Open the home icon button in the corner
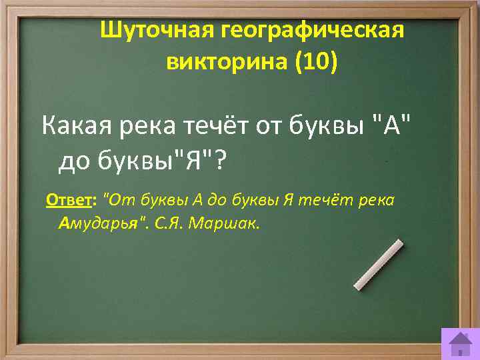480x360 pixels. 459,343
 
